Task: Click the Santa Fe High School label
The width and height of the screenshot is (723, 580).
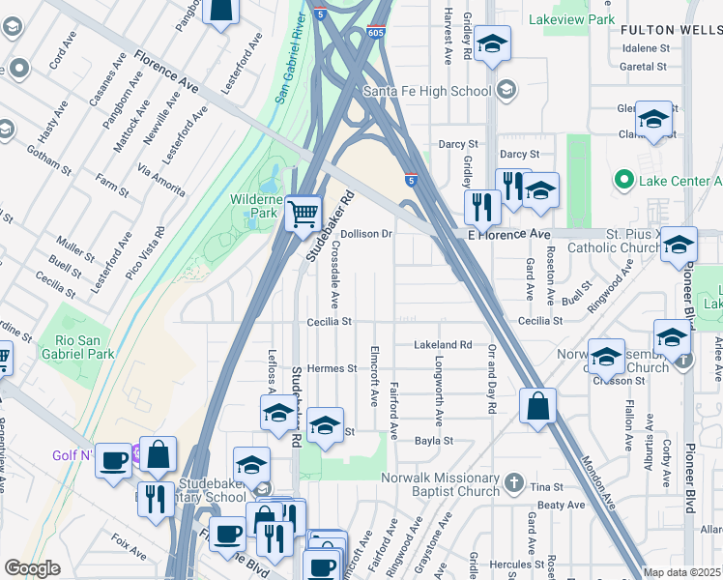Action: click(x=427, y=92)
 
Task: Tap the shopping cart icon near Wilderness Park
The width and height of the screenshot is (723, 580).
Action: click(x=304, y=213)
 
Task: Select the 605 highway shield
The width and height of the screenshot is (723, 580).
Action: click(x=377, y=32)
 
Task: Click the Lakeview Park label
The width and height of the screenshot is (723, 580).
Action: click(x=572, y=19)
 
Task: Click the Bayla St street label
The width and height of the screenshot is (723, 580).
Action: click(x=434, y=441)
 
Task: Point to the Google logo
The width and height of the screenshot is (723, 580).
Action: click(x=32, y=568)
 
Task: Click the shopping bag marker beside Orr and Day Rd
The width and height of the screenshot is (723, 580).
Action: click(x=537, y=405)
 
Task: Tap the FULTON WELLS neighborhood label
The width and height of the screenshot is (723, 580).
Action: click(x=671, y=31)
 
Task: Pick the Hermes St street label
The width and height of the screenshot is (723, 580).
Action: click(x=332, y=368)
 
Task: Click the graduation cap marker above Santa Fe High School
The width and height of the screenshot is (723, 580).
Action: click(x=492, y=44)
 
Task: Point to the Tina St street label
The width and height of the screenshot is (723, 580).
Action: click(x=546, y=487)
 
